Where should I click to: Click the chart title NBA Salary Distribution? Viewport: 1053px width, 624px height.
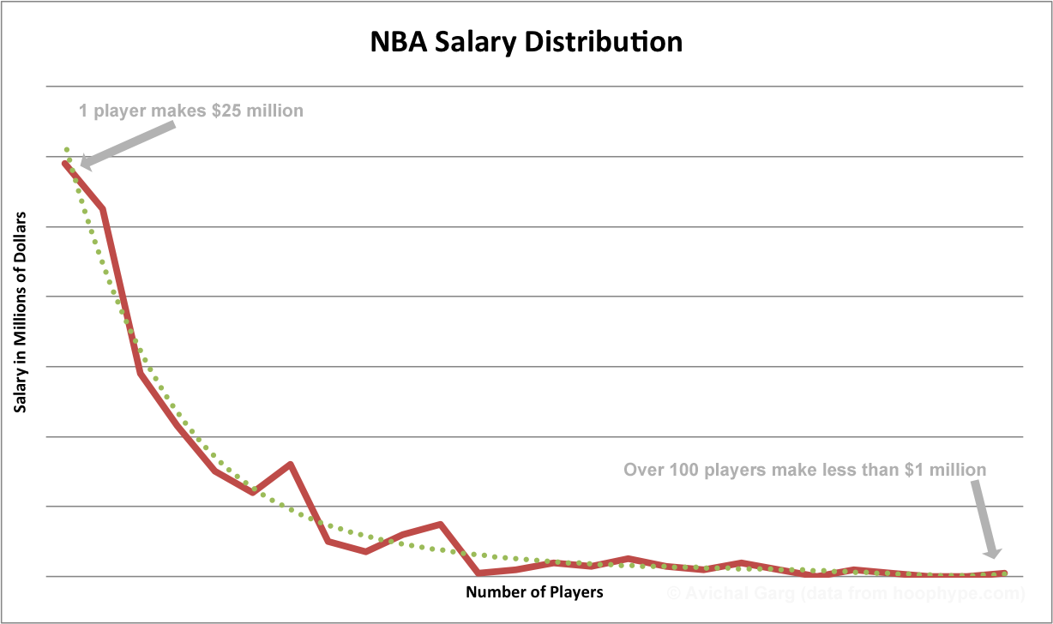526,42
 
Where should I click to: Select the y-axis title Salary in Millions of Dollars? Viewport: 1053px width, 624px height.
20,312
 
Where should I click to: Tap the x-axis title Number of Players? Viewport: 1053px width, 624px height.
534,592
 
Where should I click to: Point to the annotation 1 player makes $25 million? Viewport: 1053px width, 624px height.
190,111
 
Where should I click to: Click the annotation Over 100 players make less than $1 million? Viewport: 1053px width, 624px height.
804,470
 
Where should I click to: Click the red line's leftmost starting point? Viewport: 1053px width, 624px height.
65,163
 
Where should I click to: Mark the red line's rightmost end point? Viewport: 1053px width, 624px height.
1003,573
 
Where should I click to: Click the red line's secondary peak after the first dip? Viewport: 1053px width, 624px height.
291,465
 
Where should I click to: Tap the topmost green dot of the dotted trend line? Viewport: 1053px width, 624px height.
66,149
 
